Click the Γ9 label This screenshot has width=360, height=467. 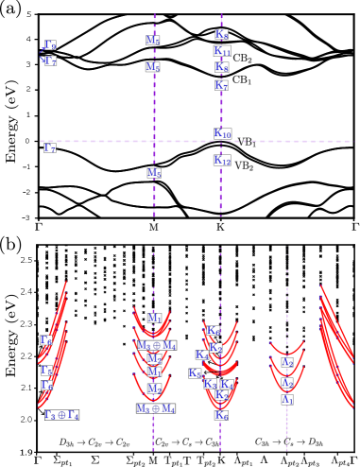pyautogui.click(x=50, y=45)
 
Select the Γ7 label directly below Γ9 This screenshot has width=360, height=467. pyautogui.click(x=50, y=61)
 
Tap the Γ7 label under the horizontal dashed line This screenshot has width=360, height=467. pyautogui.click(x=49, y=147)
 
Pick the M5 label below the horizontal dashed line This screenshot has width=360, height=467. pyautogui.click(x=154, y=173)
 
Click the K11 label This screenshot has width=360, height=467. pyautogui.click(x=222, y=51)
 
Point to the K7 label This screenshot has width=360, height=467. pyautogui.click(x=221, y=85)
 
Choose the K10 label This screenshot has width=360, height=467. pyautogui.click(x=222, y=133)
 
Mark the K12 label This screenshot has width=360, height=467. pyautogui.click(x=222, y=161)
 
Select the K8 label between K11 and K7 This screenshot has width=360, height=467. pyautogui.click(x=221, y=67)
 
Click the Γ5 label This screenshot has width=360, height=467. pyautogui.click(x=46, y=371)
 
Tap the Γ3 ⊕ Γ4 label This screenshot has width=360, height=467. pyautogui.click(x=61, y=414)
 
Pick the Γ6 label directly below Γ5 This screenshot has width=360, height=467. pyautogui.click(x=46, y=386)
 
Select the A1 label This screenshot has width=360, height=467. pyautogui.click(x=287, y=399)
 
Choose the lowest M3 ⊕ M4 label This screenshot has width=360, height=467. pyautogui.click(x=156, y=408)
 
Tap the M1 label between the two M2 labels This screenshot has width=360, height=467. pyautogui.click(x=153, y=372)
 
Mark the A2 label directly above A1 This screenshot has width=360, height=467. pyautogui.click(x=287, y=383)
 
